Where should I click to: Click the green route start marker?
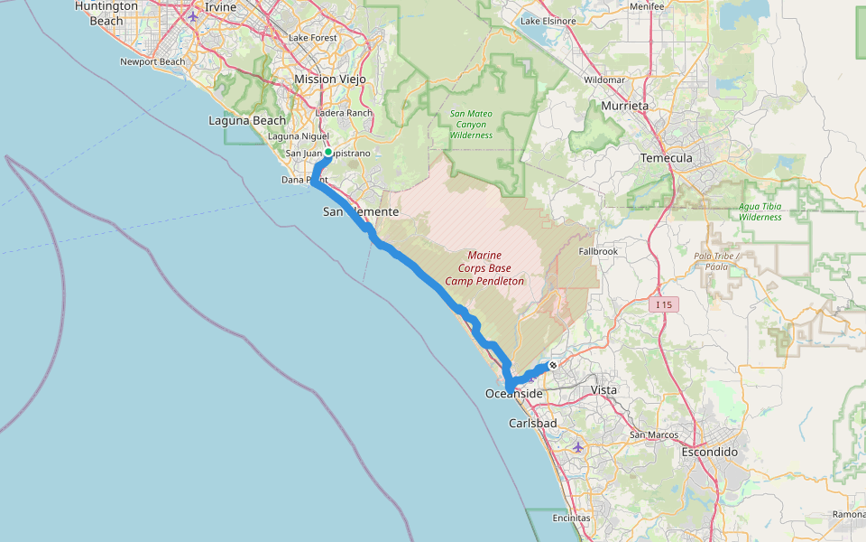tap(328, 153)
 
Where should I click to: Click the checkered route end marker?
tap(552, 365)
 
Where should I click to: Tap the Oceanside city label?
tap(513, 394)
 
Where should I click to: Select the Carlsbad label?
tap(532, 423)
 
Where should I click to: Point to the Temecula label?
tap(666, 158)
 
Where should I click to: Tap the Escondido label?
tap(710, 452)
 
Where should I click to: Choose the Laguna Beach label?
tap(246, 120)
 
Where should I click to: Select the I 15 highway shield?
tap(664, 305)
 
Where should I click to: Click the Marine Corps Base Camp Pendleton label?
tap(484, 268)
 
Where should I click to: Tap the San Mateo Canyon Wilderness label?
tap(472, 125)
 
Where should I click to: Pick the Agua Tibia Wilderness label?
tap(760, 211)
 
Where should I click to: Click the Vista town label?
tap(603, 390)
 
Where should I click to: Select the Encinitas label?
tap(571, 519)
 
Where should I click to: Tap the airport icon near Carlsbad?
tap(578, 447)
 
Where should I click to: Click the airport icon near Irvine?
tap(192, 16)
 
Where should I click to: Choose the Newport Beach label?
tap(152, 62)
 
